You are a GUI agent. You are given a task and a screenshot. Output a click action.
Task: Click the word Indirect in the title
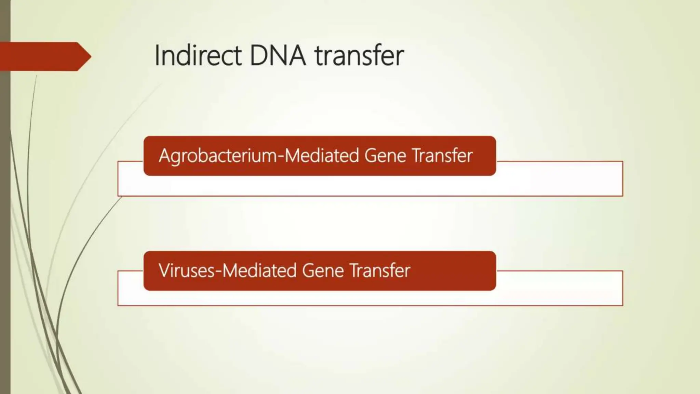(x=198, y=55)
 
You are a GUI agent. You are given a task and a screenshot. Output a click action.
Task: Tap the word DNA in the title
(x=278, y=55)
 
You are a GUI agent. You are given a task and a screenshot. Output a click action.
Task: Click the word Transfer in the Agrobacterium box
(x=442, y=156)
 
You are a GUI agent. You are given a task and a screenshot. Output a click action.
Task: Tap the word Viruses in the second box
(x=187, y=271)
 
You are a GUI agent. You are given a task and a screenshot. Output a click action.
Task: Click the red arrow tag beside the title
(x=41, y=56)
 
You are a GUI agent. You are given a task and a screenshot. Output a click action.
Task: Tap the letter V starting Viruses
(x=164, y=271)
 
